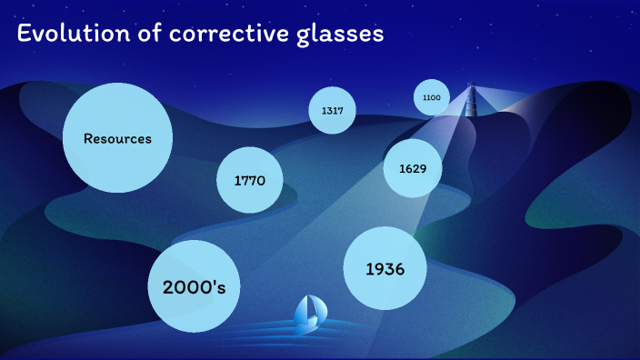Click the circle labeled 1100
click(432, 97)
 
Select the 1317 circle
click(332, 111)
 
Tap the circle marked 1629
click(412, 168)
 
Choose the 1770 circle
click(249, 180)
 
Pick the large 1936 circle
click(385, 269)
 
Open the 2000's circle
click(193, 286)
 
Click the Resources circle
click(117, 138)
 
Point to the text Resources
click(117, 139)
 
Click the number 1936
click(385, 269)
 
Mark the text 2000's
click(193, 287)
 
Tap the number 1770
click(249, 181)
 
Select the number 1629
click(412, 169)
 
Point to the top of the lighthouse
click(470, 86)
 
